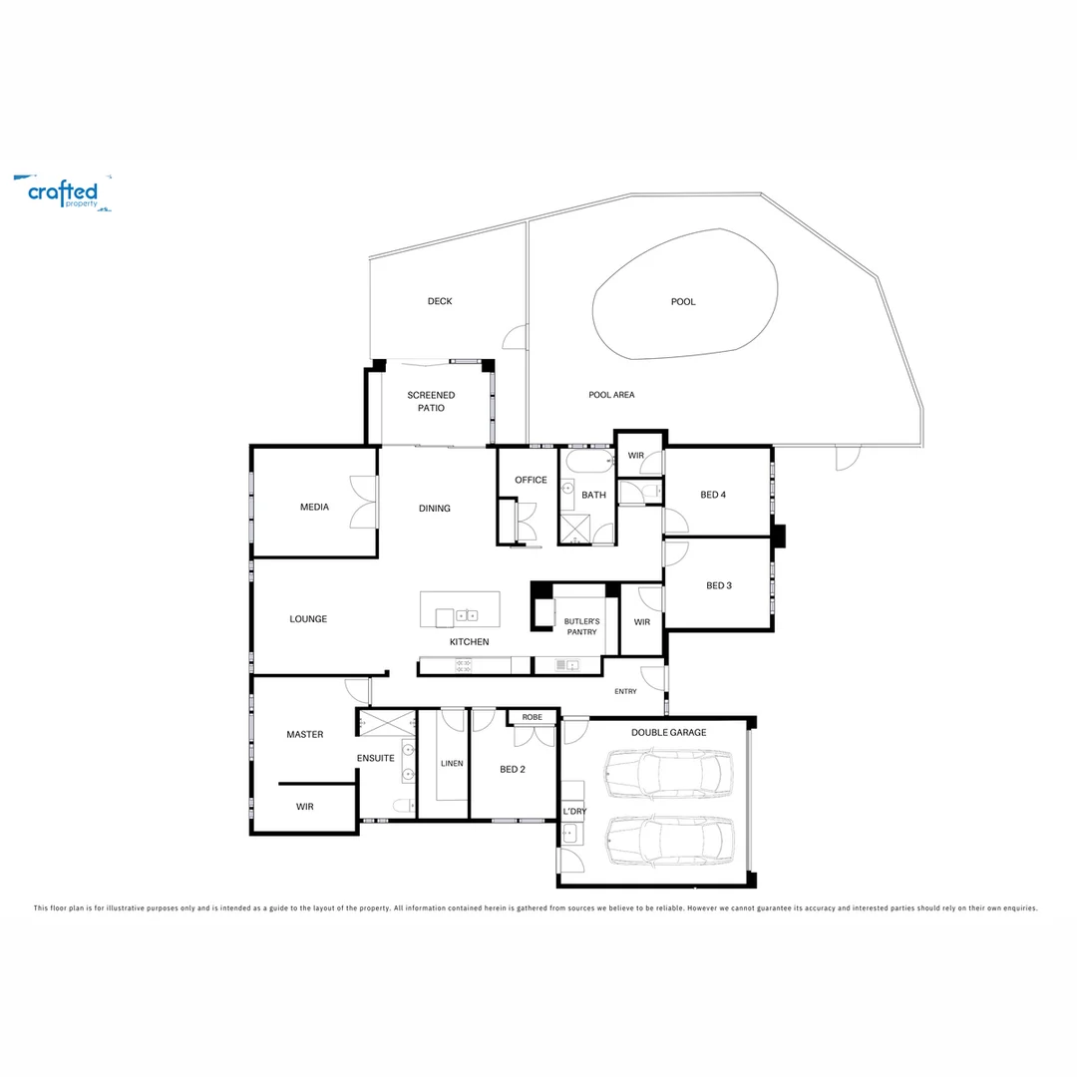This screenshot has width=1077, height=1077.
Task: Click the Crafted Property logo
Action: click(63, 192)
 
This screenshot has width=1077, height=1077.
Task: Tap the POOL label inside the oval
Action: click(683, 302)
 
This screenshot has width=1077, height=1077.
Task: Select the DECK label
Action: click(440, 301)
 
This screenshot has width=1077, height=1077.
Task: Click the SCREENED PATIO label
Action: click(431, 402)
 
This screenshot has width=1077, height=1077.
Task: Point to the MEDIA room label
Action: click(314, 508)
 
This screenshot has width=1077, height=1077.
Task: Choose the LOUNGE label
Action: click(308, 619)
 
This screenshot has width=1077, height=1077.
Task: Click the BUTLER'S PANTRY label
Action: click(581, 625)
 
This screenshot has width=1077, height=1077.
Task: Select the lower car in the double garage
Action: click(668, 840)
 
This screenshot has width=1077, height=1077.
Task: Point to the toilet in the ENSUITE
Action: click(402, 806)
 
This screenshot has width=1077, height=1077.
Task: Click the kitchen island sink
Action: click(467, 615)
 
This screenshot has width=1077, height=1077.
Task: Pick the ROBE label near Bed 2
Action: click(532, 717)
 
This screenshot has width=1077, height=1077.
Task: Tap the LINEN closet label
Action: click(452, 764)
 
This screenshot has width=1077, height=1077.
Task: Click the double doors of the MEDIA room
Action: click(364, 501)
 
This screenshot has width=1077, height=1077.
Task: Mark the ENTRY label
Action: click(625, 691)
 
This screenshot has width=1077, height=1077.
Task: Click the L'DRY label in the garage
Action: click(574, 812)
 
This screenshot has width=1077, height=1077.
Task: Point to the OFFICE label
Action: click(531, 480)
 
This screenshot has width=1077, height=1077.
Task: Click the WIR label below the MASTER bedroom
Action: click(305, 807)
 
